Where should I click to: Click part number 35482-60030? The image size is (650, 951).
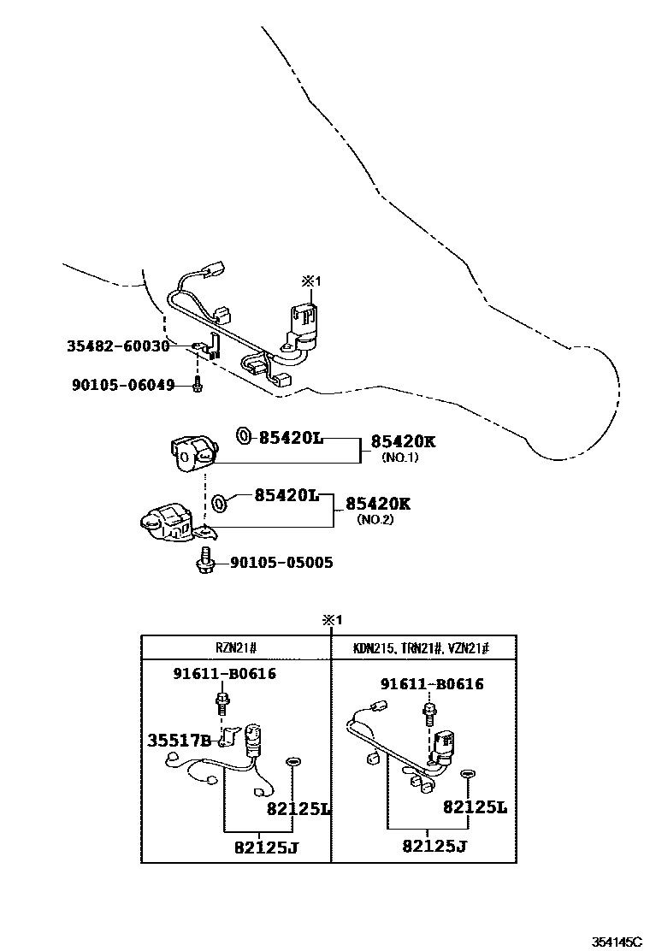click(x=118, y=346)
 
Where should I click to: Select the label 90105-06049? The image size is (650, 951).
click(x=123, y=385)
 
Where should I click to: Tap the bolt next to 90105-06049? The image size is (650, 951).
click(x=197, y=385)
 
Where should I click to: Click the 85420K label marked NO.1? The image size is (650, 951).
click(x=403, y=441)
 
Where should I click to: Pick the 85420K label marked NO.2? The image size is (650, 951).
click(x=378, y=504)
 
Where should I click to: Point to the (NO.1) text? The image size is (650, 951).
click(x=400, y=458)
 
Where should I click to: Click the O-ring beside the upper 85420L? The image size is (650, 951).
click(x=243, y=435)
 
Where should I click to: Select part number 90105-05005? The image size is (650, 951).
click(x=281, y=563)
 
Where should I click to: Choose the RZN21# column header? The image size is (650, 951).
click(x=236, y=647)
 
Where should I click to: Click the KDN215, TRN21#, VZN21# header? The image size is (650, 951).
click(x=421, y=647)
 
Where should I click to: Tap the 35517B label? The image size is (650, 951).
click(x=180, y=740)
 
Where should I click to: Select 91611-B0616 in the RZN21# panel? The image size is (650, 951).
click(x=224, y=673)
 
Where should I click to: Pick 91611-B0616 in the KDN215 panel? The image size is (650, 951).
click(x=432, y=684)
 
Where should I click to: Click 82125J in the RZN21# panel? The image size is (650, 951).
click(x=267, y=847)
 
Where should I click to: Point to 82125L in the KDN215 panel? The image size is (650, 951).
click(x=475, y=806)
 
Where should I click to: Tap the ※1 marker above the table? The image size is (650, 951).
click(x=332, y=620)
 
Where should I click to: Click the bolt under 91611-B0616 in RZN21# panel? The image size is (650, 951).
click(x=222, y=706)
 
